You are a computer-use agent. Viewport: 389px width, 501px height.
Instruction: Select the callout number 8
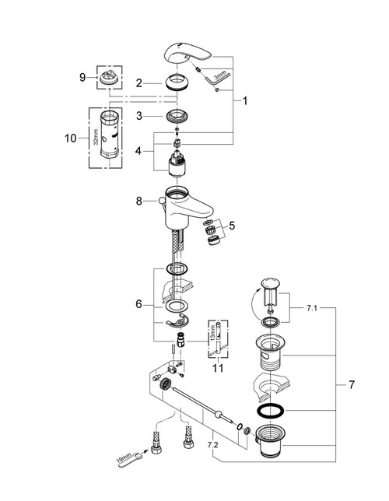pyautogui.click(x=139, y=201)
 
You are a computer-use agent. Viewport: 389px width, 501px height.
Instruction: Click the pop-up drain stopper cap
pyautogui.click(x=269, y=282)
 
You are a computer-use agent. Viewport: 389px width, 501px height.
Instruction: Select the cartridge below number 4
pyautogui.click(x=180, y=164)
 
